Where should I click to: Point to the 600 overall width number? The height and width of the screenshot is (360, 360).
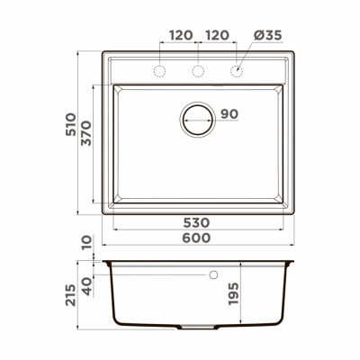point(198,238)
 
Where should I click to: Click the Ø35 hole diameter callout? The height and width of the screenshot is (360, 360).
point(266,35)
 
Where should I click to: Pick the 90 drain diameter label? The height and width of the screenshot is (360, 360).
point(229,114)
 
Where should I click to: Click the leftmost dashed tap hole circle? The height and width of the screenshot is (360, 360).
point(161,70)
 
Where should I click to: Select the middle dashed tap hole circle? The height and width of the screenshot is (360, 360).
point(199,70)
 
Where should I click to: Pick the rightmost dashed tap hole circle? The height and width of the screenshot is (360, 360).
point(237,70)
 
